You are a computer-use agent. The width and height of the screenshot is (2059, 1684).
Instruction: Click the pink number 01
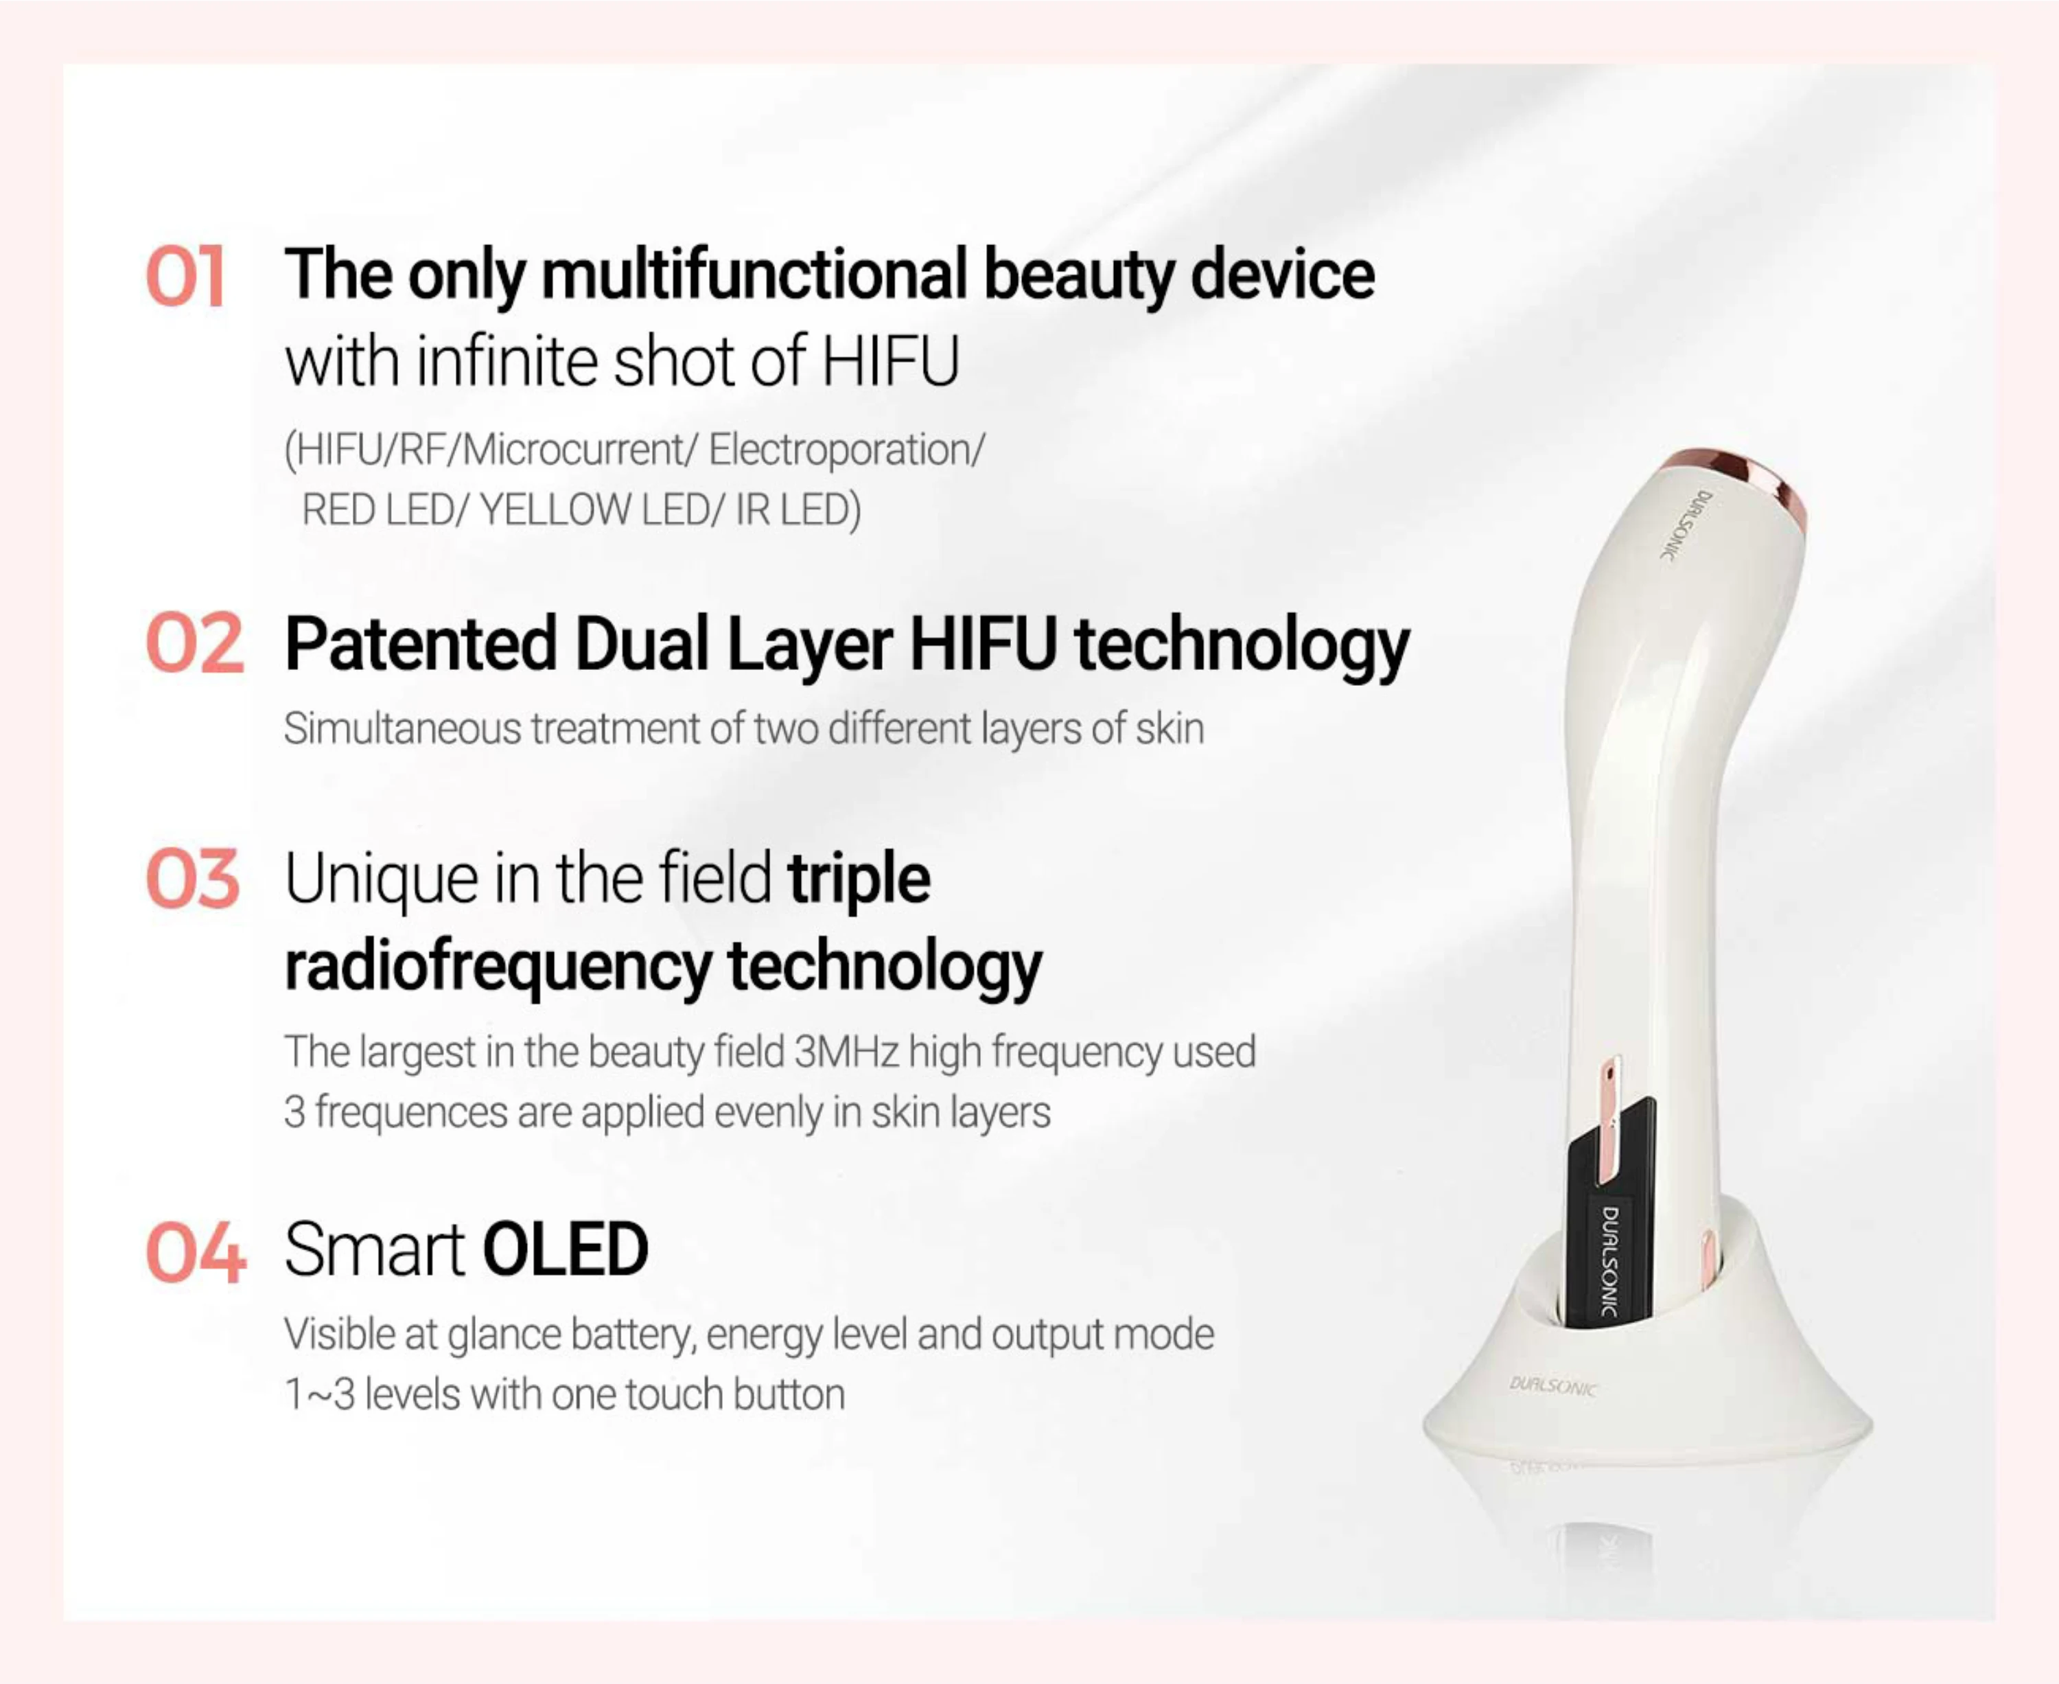pyautogui.click(x=185, y=277)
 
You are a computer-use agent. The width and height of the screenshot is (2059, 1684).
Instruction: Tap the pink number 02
pyautogui.click(x=194, y=644)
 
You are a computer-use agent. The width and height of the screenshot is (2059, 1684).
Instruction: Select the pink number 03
pyautogui.click(x=192, y=879)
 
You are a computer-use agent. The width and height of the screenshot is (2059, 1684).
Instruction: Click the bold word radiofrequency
pyautogui.click(x=498, y=967)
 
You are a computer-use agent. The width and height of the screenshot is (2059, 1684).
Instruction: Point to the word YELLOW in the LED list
pyautogui.click(x=556, y=510)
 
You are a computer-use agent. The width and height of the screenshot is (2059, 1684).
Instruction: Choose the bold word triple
pyautogui.click(x=859, y=879)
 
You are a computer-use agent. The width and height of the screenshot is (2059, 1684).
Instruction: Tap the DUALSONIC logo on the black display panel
pyautogui.click(x=1609, y=1260)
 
